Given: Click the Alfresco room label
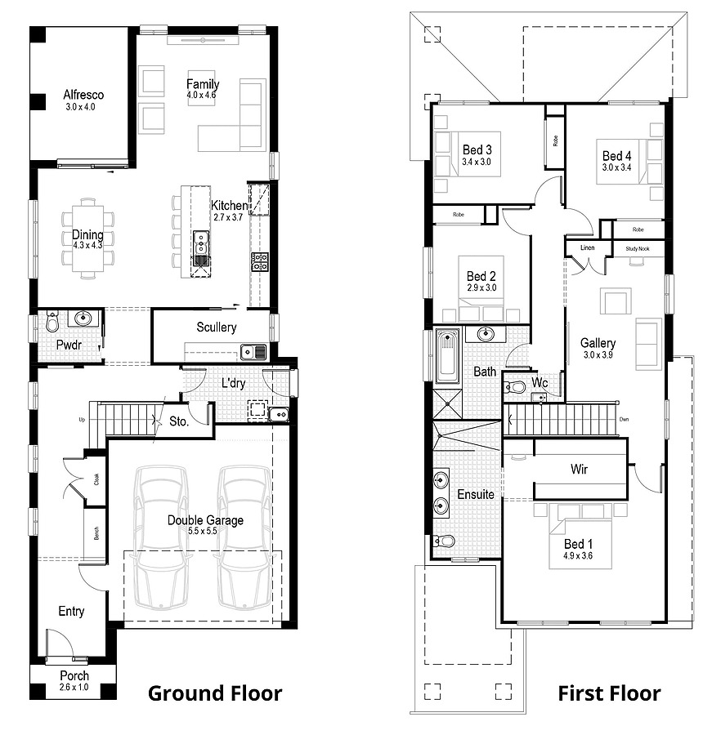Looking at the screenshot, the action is pyautogui.click(x=83, y=95).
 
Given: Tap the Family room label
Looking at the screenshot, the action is pyautogui.click(x=202, y=84).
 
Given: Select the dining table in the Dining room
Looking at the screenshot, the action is pyautogui.click(x=87, y=234).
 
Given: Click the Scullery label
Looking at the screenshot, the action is pyautogui.click(x=217, y=327).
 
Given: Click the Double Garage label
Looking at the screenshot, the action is pyautogui.click(x=205, y=520).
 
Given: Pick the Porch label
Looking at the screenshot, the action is pyautogui.click(x=74, y=676).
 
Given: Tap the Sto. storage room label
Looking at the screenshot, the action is pyautogui.click(x=179, y=422).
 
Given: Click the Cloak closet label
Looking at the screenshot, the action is pyautogui.click(x=96, y=479).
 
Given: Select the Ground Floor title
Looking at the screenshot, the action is pyautogui.click(x=214, y=693).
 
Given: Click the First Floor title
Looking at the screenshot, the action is pyautogui.click(x=609, y=693).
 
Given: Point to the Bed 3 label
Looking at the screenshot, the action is pyautogui.click(x=477, y=149).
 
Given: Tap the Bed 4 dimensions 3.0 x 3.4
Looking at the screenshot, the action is pyautogui.click(x=616, y=167).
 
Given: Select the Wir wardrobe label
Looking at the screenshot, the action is pyautogui.click(x=579, y=470).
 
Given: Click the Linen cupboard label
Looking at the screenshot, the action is pyautogui.click(x=587, y=247).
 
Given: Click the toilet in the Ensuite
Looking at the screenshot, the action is pyautogui.click(x=444, y=541).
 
